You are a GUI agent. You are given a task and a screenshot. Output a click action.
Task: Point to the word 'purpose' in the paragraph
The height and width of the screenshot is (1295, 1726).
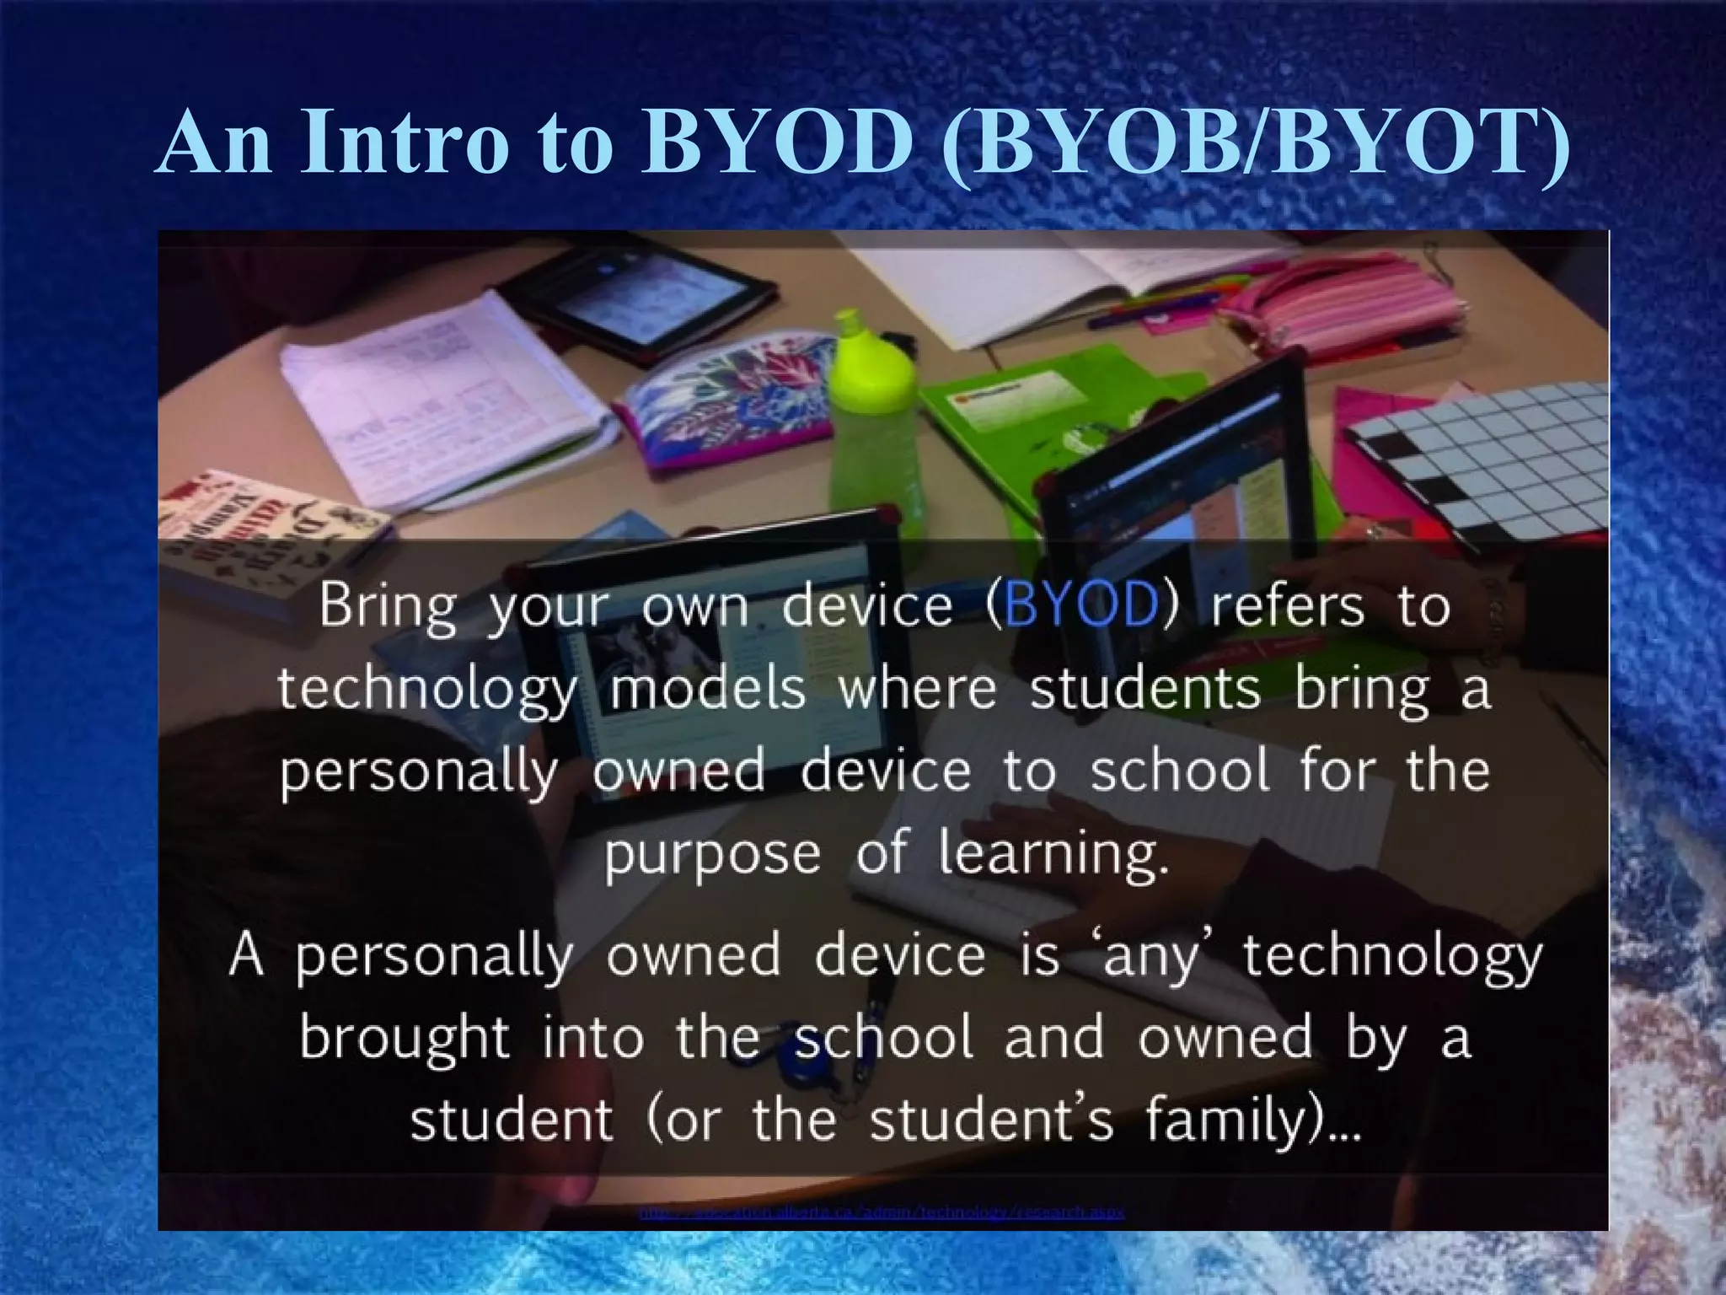tap(712, 855)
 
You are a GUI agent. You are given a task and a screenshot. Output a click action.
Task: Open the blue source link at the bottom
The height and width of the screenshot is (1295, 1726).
tap(882, 1212)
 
